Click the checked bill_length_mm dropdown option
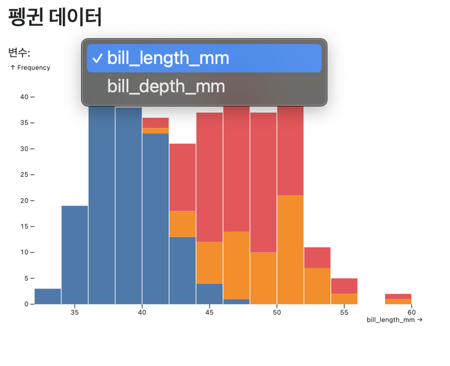[x=204, y=58]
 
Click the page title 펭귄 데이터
[x=55, y=17]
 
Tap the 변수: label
[x=19, y=52]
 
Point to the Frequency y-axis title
[x=30, y=67]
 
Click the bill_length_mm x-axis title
[x=394, y=320]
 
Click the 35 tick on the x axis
[x=74, y=312]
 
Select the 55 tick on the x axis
[x=344, y=312]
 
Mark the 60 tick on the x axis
[x=412, y=312]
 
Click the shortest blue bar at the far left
[x=48, y=296]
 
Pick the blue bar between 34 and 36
[x=74, y=255]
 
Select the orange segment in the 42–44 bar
[x=183, y=224]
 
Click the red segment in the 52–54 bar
[x=317, y=257]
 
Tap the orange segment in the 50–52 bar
[x=291, y=250]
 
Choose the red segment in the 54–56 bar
[x=344, y=286]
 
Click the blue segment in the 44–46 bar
[x=210, y=294]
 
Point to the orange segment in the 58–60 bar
[x=398, y=302]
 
